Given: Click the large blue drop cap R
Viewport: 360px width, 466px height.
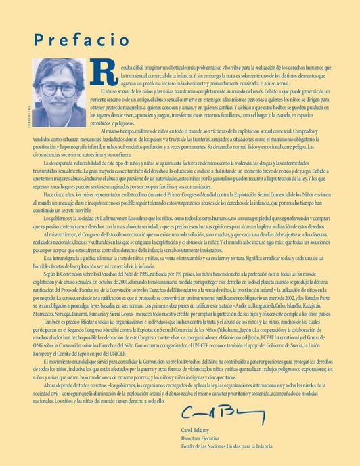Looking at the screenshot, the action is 108,75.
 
